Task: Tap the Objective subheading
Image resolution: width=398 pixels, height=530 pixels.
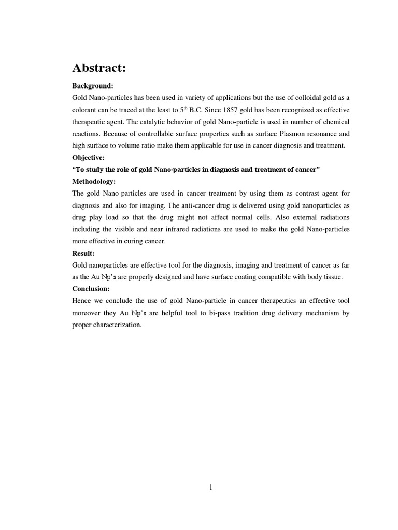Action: point(88,157)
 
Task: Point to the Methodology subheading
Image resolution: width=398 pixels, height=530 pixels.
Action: point(94,182)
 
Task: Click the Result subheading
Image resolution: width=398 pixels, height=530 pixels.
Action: point(83,253)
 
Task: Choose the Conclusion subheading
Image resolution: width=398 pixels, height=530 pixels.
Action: point(91,289)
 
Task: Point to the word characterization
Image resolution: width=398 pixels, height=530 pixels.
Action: point(118,325)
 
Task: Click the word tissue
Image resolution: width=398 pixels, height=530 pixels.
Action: point(332,277)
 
